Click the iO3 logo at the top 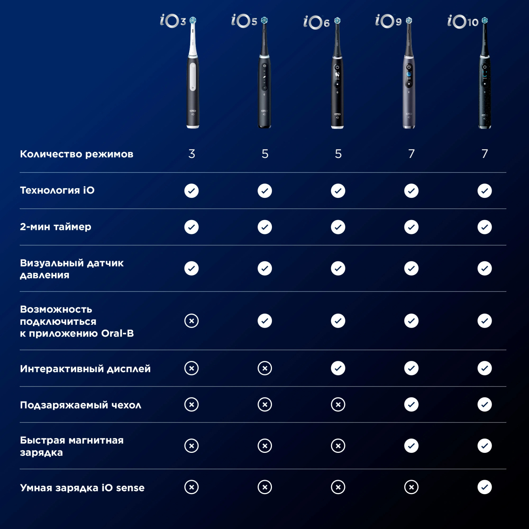[x=173, y=21]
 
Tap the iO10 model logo [x=463, y=22]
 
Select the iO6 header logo [x=316, y=22]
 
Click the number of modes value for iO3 [x=191, y=154]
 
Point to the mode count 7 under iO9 [x=411, y=154]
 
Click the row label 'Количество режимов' [x=77, y=154]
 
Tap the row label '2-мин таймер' [x=56, y=227]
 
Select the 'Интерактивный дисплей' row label [x=85, y=369]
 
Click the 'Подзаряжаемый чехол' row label [x=81, y=405]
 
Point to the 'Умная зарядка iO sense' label [x=82, y=488]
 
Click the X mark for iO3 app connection [x=191, y=321]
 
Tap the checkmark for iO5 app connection [x=265, y=321]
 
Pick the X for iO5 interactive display [x=265, y=368]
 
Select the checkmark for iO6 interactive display [x=338, y=368]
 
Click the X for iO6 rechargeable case [x=338, y=405]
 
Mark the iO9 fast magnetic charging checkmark [x=412, y=446]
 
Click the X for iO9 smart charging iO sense [x=412, y=487]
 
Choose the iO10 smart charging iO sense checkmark [x=485, y=487]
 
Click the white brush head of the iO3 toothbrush [x=193, y=37]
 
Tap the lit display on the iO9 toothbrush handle [x=409, y=74]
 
